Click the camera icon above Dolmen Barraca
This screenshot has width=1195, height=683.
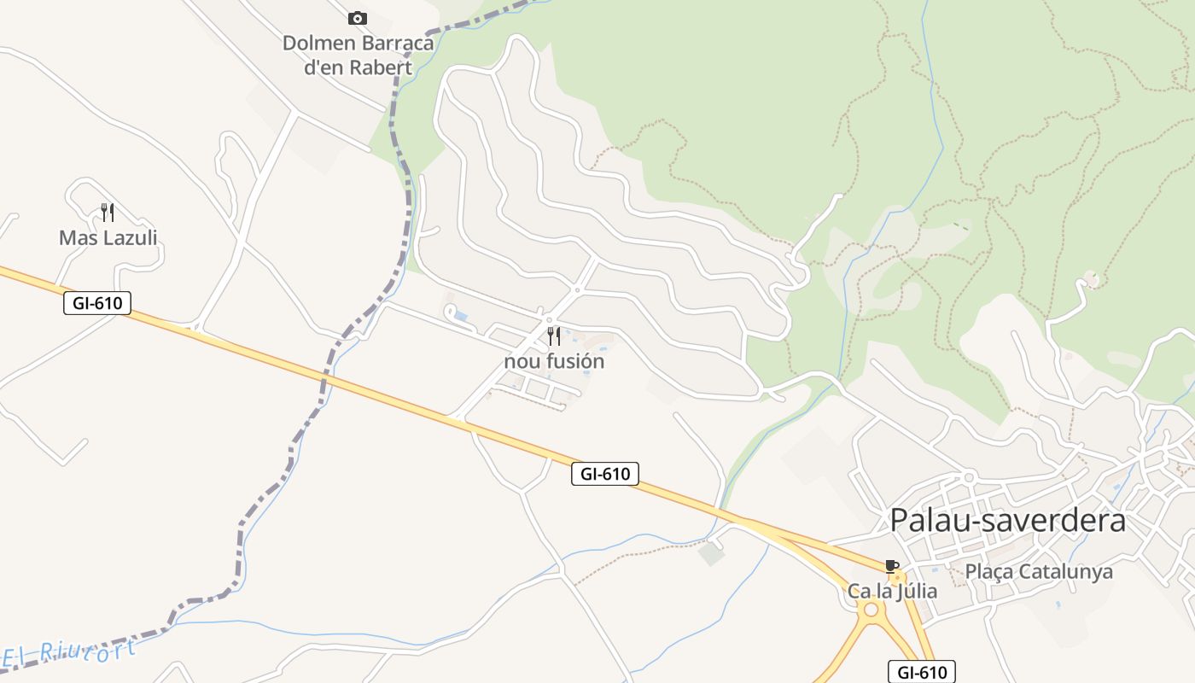click(358, 18)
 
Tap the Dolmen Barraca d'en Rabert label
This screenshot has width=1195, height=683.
click(358, 55)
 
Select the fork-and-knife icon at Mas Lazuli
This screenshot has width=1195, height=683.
click(108, 212)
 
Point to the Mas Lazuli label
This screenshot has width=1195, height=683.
click(108, 238)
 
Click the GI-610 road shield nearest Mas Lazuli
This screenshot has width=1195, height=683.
click(97, 302)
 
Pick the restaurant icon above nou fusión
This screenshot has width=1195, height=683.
click(554, 336)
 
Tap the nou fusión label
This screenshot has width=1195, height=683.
click(554, 361)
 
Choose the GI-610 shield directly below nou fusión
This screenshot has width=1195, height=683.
click(604, 474)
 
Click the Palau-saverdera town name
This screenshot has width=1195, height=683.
click(1007, 520)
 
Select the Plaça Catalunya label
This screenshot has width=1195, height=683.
click(1039, 571)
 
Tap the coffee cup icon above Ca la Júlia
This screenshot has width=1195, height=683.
click(892, 566)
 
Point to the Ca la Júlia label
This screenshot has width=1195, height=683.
click(892, 591)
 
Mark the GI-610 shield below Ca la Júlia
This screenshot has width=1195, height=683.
click(922, 672)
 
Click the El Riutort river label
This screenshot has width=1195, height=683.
click(68, 653)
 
